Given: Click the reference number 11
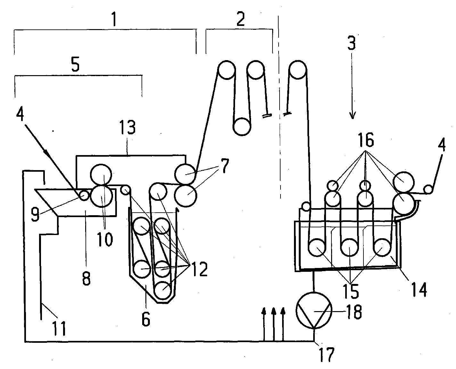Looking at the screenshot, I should (59, 327).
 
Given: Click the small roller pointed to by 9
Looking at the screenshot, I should (84, 195).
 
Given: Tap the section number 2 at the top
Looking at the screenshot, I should (240, 19).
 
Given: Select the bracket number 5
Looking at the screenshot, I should (75, 65).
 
